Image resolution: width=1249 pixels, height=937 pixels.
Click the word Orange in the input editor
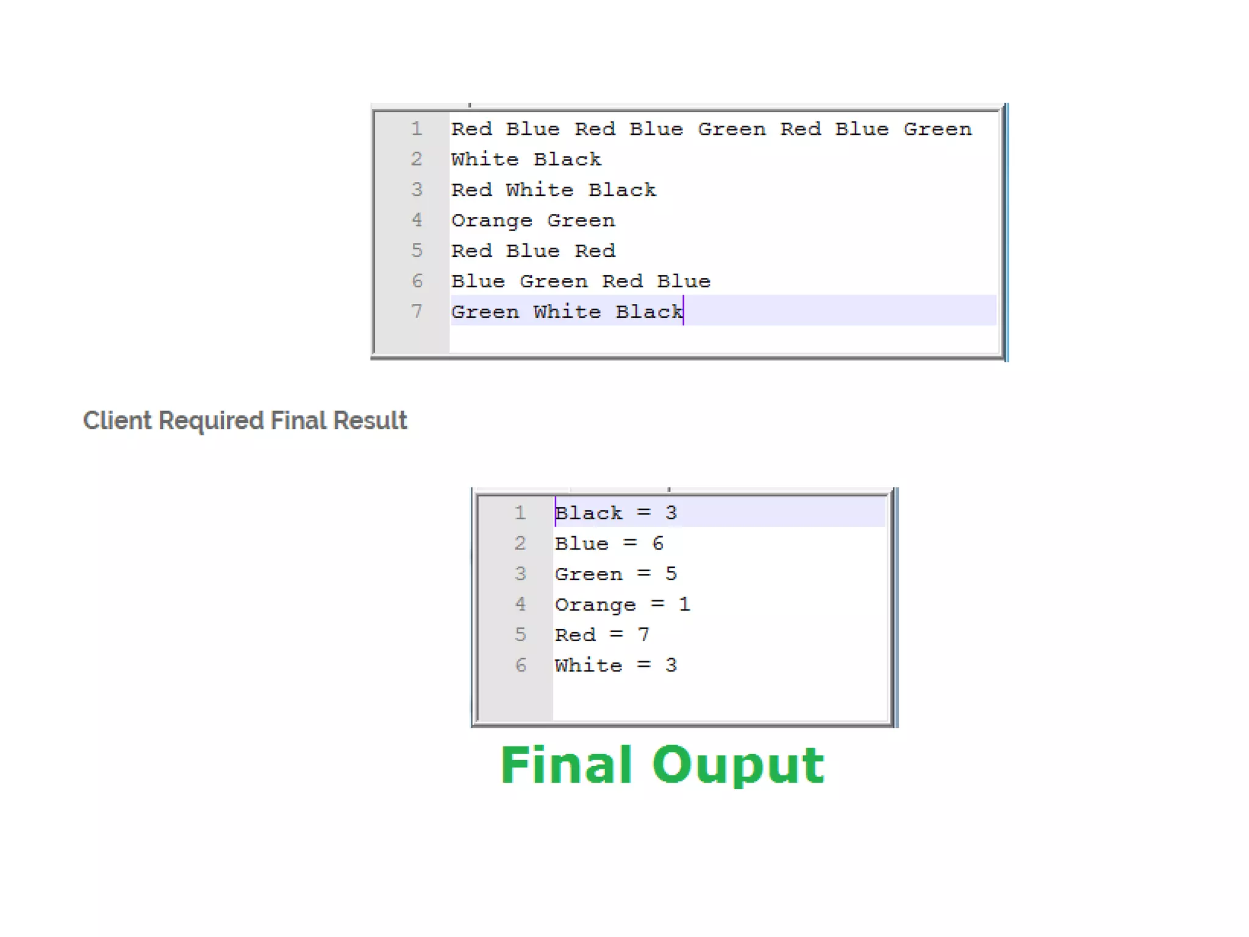click(492, 221)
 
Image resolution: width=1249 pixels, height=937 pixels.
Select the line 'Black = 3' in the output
click(615, 513)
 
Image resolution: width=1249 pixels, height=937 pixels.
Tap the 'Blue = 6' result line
click(609, 544)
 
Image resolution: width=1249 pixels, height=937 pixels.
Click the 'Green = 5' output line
click(615, 574)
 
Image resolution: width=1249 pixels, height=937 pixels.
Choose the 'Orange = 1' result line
click(622, 605)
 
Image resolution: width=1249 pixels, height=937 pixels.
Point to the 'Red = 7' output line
click(602, 635)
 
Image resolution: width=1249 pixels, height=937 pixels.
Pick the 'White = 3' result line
click(615, 666)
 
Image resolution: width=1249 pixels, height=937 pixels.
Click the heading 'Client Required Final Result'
click(245, 421)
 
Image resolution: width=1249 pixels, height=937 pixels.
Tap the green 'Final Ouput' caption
click(662, 765)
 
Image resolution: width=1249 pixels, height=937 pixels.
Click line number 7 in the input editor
click(417, 312)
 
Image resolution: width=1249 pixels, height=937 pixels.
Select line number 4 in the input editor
click(417, 220)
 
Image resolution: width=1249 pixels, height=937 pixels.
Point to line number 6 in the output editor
click(520, 665)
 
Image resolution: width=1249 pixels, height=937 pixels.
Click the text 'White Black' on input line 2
click(526, 160)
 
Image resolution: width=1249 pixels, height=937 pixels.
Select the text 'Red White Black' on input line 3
click(553, 190)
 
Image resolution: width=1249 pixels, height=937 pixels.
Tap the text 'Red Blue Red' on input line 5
click(533, 251)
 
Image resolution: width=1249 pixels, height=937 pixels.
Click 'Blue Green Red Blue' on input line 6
click(581, 282)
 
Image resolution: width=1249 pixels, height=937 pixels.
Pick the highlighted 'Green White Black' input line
click(567, 312)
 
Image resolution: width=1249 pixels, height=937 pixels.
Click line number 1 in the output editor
click(520, 512)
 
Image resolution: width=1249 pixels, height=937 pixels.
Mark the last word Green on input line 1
click(937, 129)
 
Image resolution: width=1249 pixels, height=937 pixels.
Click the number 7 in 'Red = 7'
click(643, 635)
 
